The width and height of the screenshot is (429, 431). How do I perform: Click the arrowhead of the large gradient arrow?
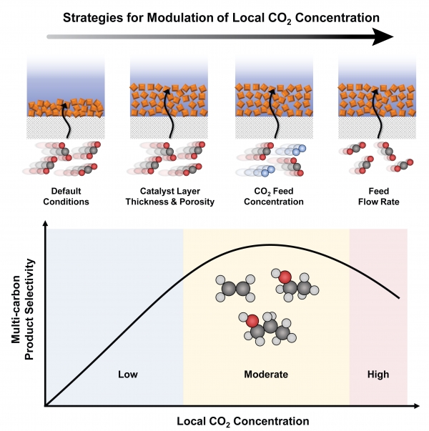pyautogui.click(x=386, y=35)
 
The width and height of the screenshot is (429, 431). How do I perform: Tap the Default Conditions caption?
pyautogui.click(x=70, y=196)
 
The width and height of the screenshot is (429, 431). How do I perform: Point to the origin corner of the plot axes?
pyautogui.click(x=46, y=406)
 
